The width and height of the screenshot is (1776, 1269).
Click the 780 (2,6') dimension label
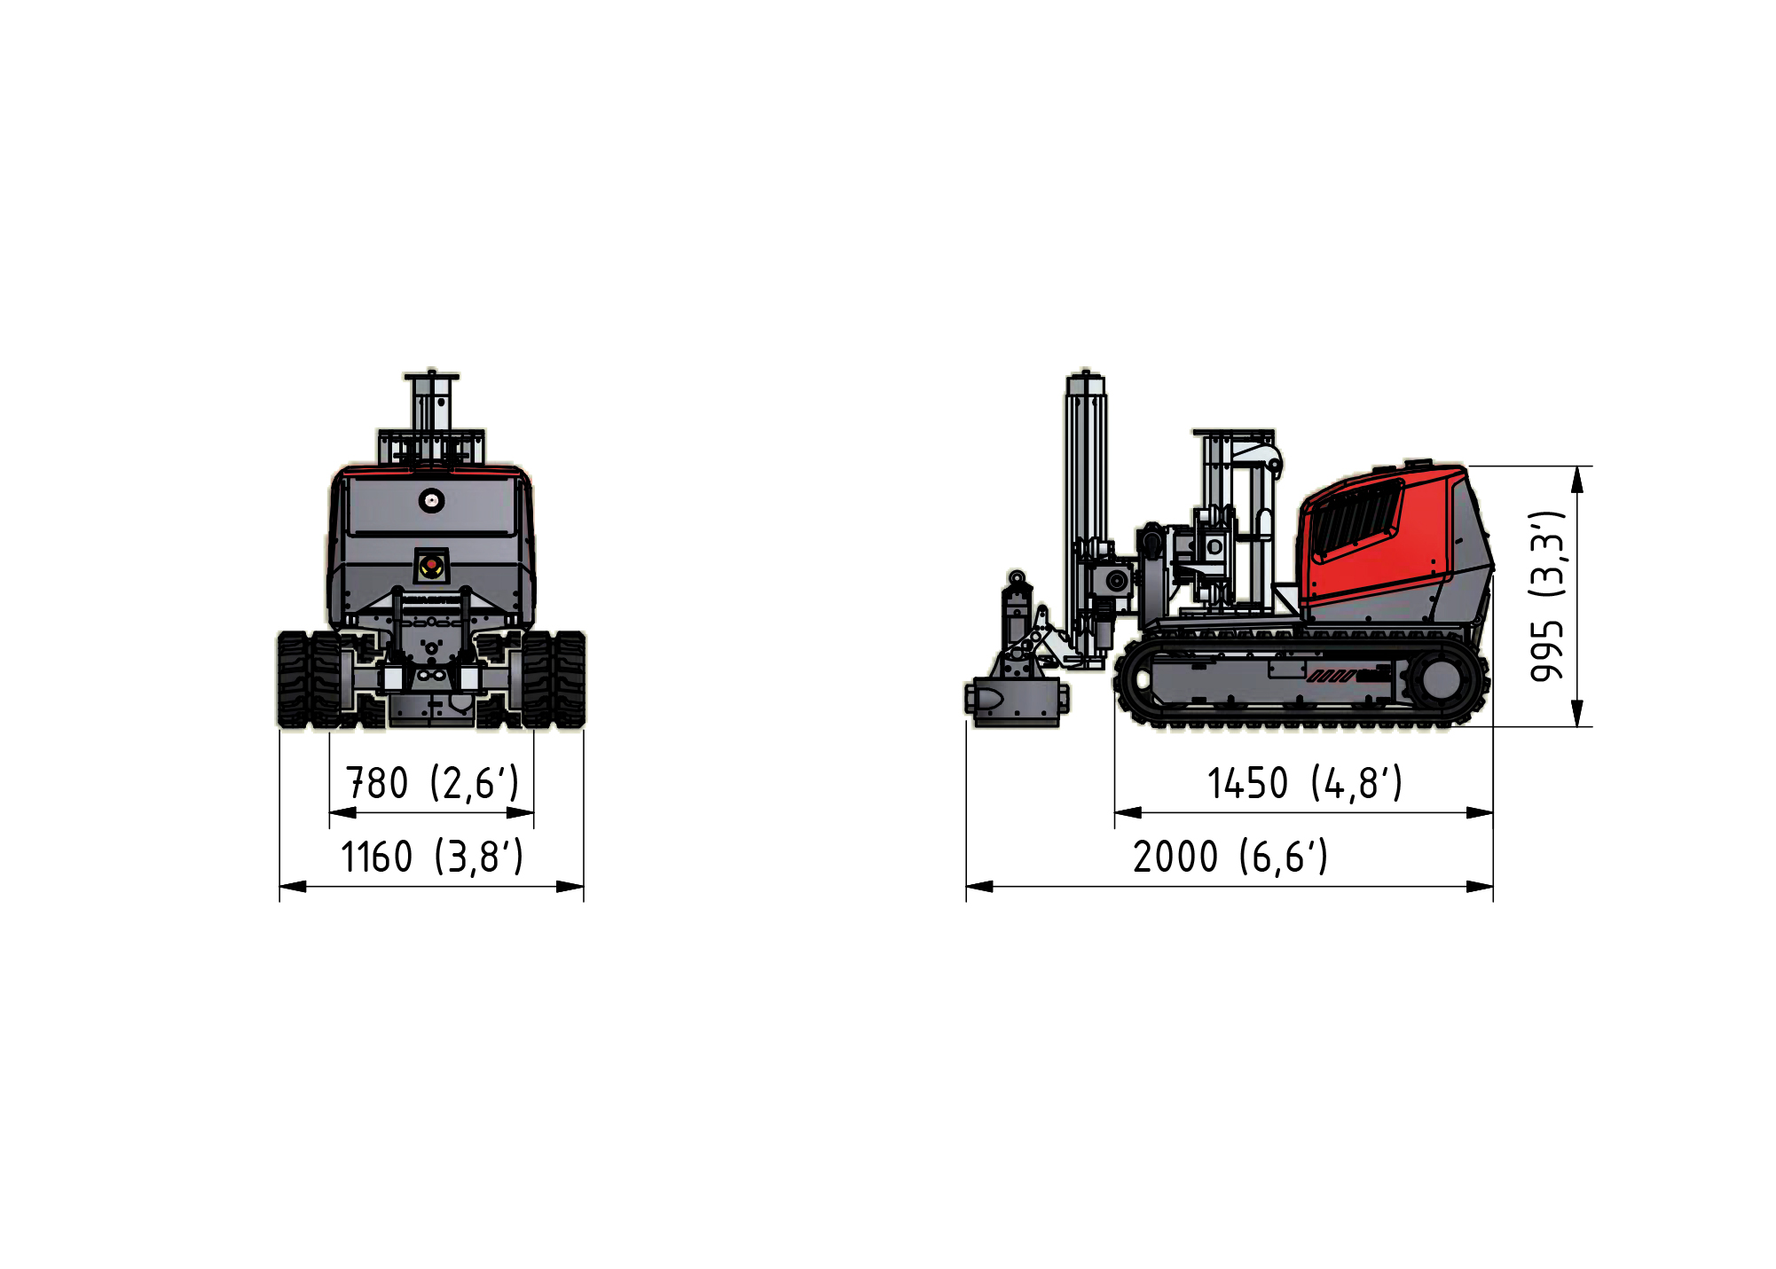pos(431,783)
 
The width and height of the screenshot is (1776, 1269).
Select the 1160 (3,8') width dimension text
pos(432,857)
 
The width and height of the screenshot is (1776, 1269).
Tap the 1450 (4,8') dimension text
pos(1304,783)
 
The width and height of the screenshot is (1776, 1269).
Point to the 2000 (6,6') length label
pos(1230,857)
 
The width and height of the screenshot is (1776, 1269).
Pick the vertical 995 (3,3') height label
pos(1547,596)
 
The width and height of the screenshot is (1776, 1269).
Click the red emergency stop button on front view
pos(431,565)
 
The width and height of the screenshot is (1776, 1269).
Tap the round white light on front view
pos(432,500)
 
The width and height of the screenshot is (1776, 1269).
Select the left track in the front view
pos(309,679)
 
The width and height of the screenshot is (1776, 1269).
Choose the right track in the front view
pos(554,679)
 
